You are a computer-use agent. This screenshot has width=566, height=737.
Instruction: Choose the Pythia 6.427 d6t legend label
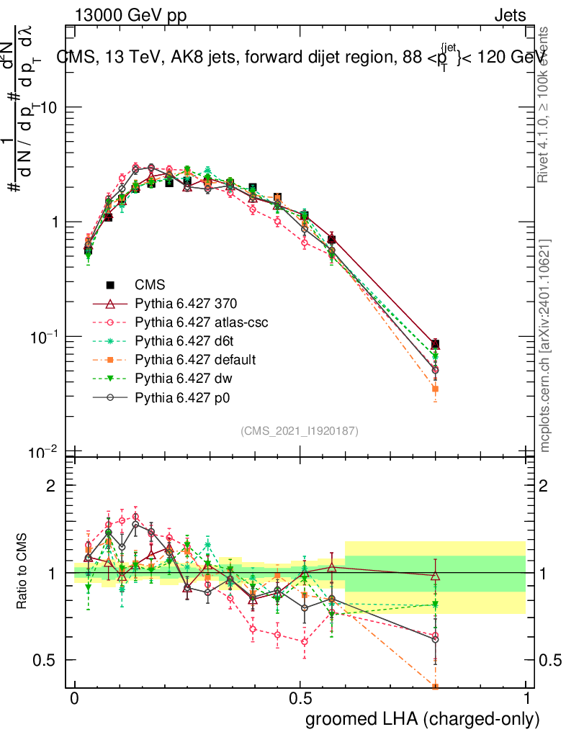click(x=185, y=340)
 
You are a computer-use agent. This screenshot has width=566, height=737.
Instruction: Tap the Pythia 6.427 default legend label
click(x=195, y=358)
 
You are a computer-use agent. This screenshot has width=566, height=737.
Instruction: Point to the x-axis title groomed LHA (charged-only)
click(x=423, y=719)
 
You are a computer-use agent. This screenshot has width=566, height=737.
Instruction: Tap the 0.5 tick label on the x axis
click(x=300, y=699)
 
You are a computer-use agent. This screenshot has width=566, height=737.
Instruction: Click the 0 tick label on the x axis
click(x=75, y=699)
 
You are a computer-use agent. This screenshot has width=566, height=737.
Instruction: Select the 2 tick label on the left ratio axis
click(x=51, y=486)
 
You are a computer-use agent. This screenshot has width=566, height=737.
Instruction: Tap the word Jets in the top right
click(x=510, y=15)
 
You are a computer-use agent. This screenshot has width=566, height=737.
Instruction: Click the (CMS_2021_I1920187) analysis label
click(x=300, y=430)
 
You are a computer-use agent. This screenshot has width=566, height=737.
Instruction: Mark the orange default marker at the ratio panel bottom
click(x=435, y=686)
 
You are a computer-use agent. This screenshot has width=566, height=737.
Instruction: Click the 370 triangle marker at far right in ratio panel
click(x=435, y=576)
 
